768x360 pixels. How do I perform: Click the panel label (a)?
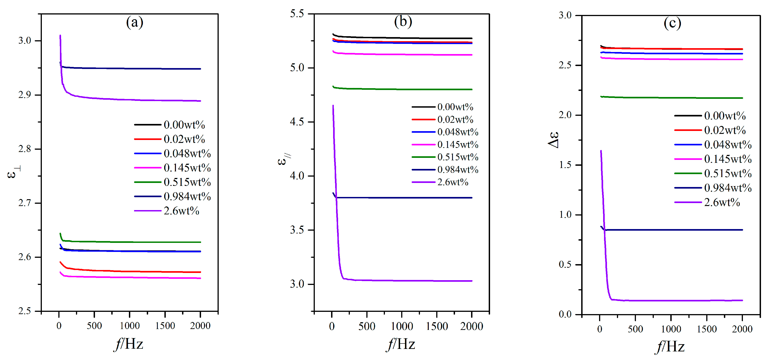pos(135,22)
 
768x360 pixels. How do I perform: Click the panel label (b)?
pos(403,21)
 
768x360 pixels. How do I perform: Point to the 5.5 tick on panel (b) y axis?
pos(297,14)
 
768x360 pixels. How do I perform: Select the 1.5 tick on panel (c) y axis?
pos(565,165)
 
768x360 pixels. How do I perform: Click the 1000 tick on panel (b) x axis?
pos(402,326)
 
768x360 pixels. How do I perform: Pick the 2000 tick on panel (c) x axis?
pos(742,329)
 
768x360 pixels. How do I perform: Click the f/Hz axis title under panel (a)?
pos(129,344)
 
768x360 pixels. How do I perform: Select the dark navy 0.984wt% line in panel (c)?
pos(671,230)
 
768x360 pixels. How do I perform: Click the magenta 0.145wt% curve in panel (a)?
pos(134,277)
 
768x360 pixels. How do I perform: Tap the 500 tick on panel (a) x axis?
pos(94,326)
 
